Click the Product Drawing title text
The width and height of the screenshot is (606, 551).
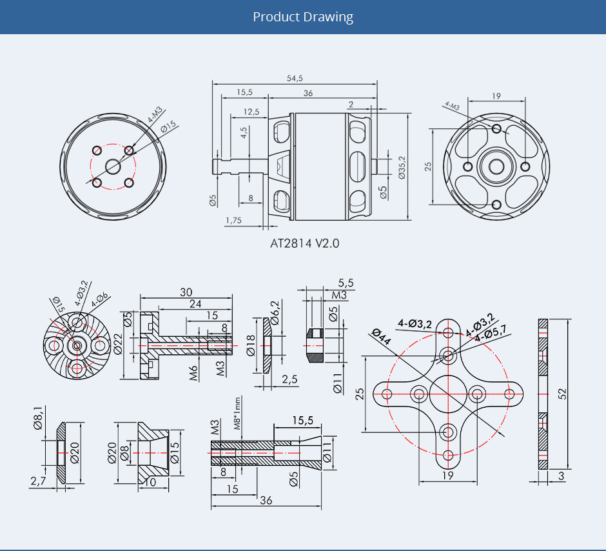[303, 17]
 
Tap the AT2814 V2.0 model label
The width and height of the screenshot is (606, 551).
[304, 243]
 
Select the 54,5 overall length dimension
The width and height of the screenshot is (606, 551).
[295, 78]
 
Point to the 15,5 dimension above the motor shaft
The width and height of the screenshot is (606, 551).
[244, 92]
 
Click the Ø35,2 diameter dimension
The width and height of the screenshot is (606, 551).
[402, 167]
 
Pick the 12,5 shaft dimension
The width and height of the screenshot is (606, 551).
[251, 112]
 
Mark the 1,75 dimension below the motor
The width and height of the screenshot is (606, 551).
[233, 220]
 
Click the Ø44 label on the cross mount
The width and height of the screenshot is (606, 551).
[382, 336]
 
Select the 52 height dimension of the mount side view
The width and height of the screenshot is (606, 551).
[562, 394]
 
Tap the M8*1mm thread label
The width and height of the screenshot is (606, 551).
[237, 413]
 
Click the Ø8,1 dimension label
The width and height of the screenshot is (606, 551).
[38, 417]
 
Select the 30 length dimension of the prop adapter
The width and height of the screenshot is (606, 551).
[186, 292]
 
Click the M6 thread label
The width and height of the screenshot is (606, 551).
[193, 373]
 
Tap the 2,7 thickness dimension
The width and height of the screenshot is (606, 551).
[38, 481]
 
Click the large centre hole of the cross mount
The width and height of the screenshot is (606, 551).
[448, 394]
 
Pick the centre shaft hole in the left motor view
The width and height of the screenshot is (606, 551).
[113, 167]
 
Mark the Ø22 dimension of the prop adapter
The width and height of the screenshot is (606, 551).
[118, 344]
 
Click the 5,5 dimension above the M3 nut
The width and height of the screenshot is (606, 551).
[346, 283]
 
